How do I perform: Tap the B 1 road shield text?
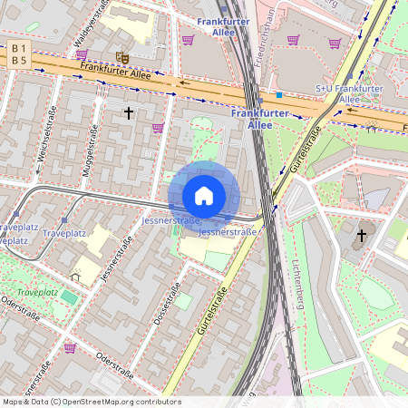[x=20, y=47]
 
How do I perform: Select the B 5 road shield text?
[x=20, y=60]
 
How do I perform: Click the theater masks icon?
[x=123, y=56]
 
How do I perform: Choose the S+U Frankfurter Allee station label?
[x=349, y=93]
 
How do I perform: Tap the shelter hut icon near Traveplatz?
[x=74, y=276]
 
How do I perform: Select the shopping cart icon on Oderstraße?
[x=70, y=347]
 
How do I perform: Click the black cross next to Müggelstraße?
[x=129, y=113]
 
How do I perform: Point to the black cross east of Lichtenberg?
[x=361, y=236]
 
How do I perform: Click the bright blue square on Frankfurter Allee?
[x=280, y=93]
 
